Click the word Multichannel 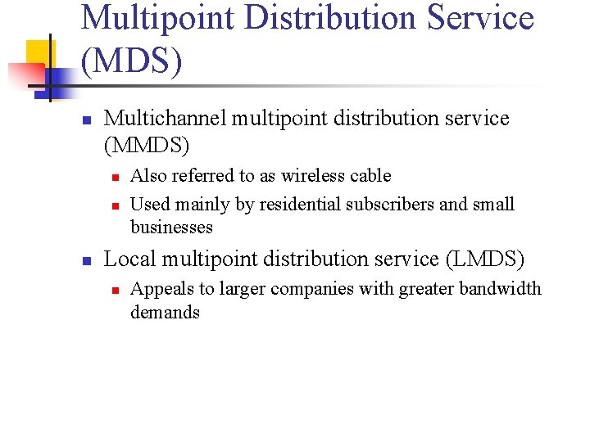click(166, 119)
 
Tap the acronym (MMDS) click(147, 146)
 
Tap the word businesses click(171, 227)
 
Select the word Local click(130, 259)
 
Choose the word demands click(165, 312)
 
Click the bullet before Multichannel click(85, 120)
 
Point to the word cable click(370, 176)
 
